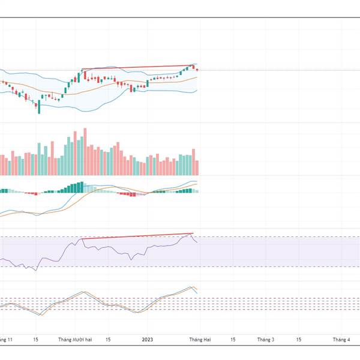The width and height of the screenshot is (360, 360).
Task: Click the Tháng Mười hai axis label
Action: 74,340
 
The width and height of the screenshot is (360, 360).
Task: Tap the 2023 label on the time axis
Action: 148,340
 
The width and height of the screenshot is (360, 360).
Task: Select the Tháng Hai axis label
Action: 199,340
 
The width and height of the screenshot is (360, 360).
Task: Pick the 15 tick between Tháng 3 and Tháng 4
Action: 298,340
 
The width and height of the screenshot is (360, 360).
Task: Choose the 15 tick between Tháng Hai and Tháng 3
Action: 232,340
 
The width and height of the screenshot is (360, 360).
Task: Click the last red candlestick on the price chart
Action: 197,70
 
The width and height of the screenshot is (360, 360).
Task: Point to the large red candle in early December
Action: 85,76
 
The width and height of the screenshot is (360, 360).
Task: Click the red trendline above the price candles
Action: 138,67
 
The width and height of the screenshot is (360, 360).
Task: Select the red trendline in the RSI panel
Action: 138,236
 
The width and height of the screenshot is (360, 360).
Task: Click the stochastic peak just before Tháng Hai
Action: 192,287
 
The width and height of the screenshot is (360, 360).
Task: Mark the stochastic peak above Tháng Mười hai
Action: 82,292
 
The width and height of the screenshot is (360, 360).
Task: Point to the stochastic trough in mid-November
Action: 40,314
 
